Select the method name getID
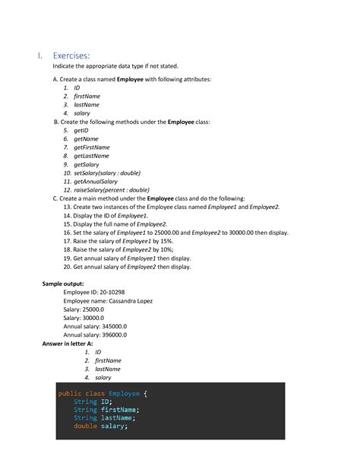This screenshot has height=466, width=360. [x=82, y=131]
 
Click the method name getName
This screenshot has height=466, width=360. [x=87, y=139]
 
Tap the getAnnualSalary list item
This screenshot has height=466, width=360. [x=96, y=181]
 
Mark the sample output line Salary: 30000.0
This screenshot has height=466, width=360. [x=84, y=317]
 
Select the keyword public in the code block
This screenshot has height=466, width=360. [x=70, y=393]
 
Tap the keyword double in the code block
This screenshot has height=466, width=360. [x=85, y=426]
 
